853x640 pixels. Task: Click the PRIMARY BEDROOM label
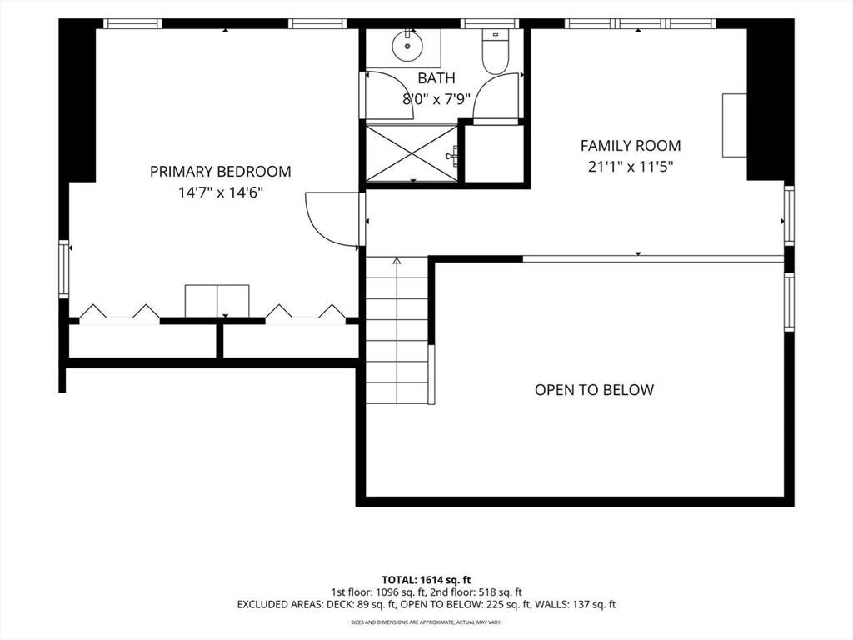(x=220, y=172)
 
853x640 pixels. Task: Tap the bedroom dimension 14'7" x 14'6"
(x=220, y=192)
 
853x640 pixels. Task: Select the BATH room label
(x=436, y=78)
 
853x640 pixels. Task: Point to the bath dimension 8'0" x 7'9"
(x=436, y=99)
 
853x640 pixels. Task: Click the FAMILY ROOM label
(x=631, y=146)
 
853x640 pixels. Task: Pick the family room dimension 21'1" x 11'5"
(x=631, y=167)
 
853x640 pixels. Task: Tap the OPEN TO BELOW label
(x=594, y=390)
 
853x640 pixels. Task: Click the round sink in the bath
(x=407, y=47)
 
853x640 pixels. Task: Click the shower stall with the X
(x=412, y=153)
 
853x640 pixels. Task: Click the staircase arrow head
(x=397, y=261)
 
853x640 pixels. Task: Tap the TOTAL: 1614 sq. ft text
(x=426, y=580)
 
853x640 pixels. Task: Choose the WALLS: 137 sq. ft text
(x=576, y=604)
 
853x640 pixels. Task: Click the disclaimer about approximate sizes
(x=426, y=622)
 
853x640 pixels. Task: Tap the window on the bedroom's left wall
(x=64, y=269)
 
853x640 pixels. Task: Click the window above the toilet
(x=490, y=23)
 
